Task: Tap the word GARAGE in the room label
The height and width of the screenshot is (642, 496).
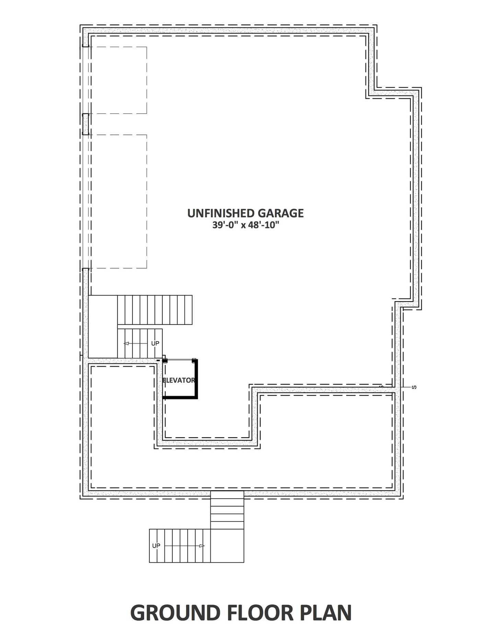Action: pos(281,213)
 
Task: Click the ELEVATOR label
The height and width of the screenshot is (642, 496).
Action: pos(179,380)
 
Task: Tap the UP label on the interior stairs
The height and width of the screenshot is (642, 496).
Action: pos(155,343)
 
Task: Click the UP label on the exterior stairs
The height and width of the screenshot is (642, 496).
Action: pos(156,545)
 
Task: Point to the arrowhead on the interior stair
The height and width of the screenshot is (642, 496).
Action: pos(126,343)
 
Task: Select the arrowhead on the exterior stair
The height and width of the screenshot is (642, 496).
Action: pos(202,545)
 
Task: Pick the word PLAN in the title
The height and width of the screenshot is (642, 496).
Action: pos(327,612)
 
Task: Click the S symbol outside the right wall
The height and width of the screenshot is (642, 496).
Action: pos(414,387)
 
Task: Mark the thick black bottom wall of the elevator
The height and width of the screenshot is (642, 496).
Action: pos(180,398)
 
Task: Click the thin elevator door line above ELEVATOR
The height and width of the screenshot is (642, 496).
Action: pos(180,360)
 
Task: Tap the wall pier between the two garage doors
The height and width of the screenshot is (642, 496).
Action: pos(86,124)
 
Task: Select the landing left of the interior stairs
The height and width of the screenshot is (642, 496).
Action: pos(103,326)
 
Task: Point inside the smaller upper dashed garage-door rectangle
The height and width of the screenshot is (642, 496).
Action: pos(118,80)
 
